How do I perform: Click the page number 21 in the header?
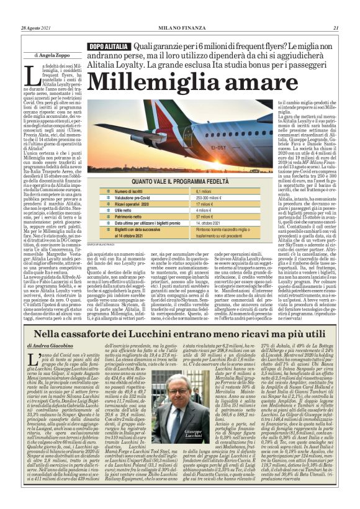336,28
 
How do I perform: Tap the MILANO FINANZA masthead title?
180,28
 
